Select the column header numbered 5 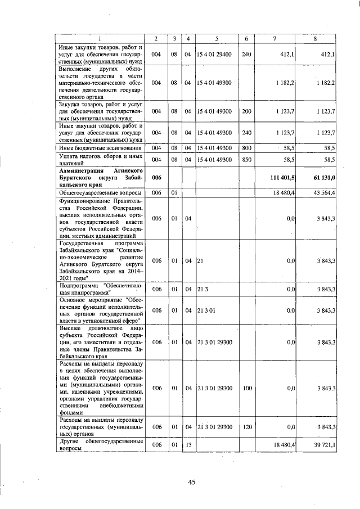click(217, 39)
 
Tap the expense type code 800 click(246, 147)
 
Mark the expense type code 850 click(246, 160)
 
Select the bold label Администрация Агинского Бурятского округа click(100, 177)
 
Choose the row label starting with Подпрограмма click(100, 289)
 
